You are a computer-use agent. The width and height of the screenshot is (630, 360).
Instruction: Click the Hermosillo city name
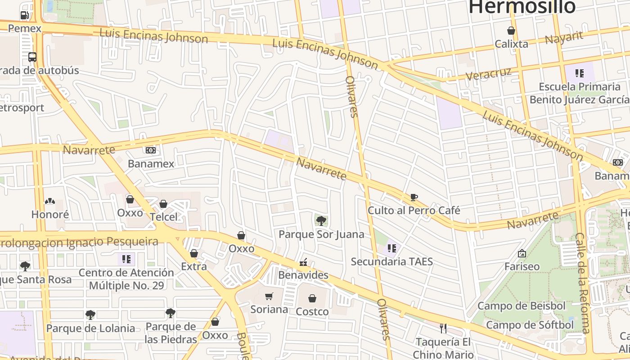(522, 7)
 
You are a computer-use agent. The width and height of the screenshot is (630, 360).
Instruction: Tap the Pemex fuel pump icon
(24, 15)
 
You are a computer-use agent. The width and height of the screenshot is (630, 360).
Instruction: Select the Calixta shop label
(511, 44)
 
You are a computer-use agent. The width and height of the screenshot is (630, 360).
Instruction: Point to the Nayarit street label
(564, 38)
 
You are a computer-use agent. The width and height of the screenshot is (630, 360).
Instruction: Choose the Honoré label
(50, 214)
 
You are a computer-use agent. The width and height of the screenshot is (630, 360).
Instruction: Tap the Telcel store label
(164, 217)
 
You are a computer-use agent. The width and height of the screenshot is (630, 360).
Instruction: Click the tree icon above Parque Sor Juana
(321, 220)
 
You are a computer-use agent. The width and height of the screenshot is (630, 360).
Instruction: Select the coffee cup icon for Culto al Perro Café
(414, 197)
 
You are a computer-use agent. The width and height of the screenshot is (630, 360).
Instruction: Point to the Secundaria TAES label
(391, 261)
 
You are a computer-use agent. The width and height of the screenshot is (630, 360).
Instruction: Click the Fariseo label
(522, 266)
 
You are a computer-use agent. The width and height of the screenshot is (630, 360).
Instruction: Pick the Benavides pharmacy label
(303, 274)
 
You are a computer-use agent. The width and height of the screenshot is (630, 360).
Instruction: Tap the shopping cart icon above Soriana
(269, 296)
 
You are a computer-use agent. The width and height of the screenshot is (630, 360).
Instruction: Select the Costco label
(312, 311)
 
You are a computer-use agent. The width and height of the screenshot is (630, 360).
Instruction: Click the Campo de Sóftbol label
(530, 325)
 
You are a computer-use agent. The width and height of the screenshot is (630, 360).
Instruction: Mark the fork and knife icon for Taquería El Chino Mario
(443, 328)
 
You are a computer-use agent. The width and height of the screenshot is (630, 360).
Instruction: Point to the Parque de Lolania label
(90, 328)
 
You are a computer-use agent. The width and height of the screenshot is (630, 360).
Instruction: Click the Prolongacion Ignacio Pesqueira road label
(79, 242)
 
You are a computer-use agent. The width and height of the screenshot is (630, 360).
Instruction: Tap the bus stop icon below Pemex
(32, 57)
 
